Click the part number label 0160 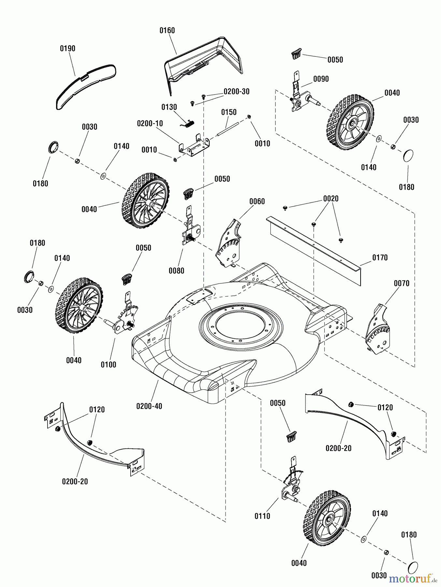tap(167, 30)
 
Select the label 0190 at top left tap(67, 48)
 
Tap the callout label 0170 tap(380, 258)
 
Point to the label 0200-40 tap(149, 406)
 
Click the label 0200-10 tap(150, 124)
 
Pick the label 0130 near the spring tap(169, 107)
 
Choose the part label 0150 tap(229, 112)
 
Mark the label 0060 tap(257, 201)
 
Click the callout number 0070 tap(401, 283)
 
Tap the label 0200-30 tap(236, 92)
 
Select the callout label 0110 tap(262, 516)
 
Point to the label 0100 tap(108, 365)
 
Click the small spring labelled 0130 tap(188, 123)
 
